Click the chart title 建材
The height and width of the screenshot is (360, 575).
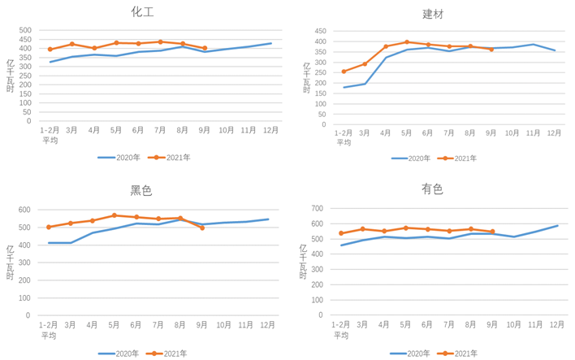(x=433, y=14)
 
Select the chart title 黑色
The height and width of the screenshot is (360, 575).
(x=141, y=191)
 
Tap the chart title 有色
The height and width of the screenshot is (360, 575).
(x=432, y=189)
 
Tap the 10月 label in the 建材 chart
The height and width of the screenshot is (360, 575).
(x=512, y=132)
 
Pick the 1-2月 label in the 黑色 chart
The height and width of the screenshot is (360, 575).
(x=50, y=325)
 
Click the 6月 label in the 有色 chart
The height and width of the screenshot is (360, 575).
(x=427, y=324)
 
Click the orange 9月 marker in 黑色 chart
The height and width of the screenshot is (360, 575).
(x=202, y=228)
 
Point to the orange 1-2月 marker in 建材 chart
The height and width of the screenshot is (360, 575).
(x=344, y=72)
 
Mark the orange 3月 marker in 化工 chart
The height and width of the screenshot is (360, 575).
(x=72, y=44)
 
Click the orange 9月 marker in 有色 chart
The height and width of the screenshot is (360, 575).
(x=492, y=232)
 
